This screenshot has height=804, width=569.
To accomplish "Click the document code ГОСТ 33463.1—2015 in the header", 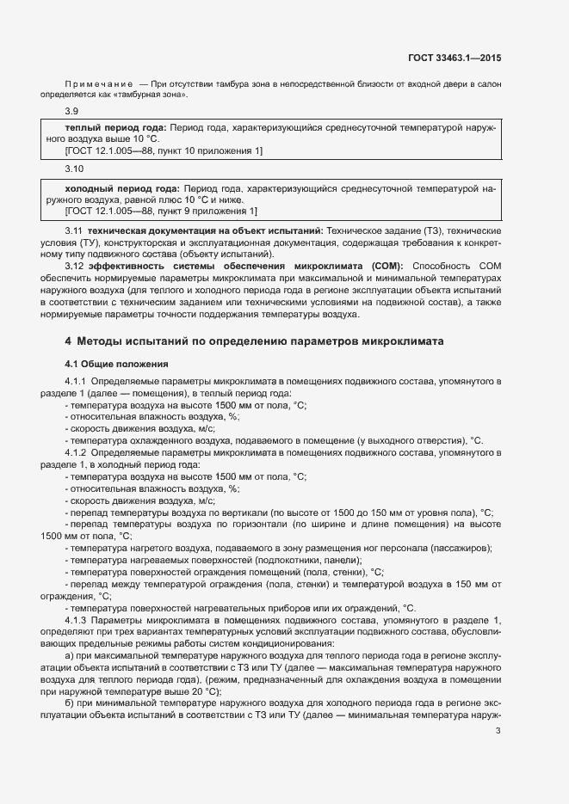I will [455, 58].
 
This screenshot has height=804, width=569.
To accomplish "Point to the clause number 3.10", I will [75, 170].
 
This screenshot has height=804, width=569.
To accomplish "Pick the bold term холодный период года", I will [121, 187].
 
